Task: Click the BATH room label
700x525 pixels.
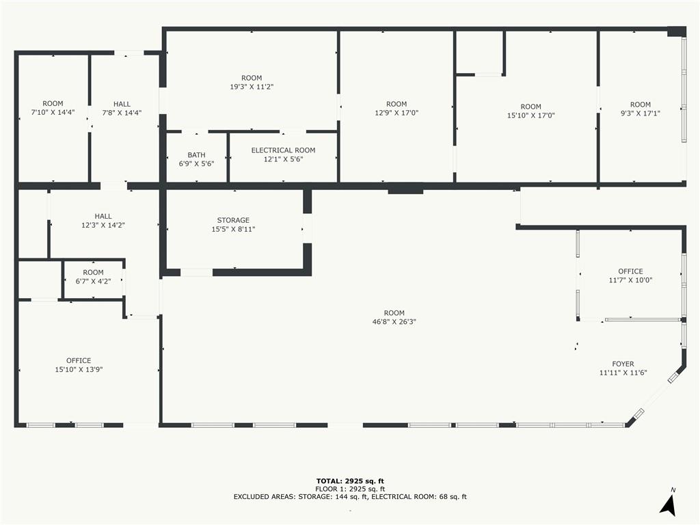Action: [x=196, y=155]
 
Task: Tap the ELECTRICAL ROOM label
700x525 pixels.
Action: [x=284, y=150]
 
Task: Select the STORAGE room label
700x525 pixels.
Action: [x=233, y=220]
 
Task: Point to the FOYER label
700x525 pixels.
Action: [x=623, y=364]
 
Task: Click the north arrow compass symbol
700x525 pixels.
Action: [x=669, y=503]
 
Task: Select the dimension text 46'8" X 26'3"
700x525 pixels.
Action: [x=394, y=321]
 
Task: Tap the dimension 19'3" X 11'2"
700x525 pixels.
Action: [x=252, y=87]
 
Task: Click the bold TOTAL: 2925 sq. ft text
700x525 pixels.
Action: [x=350, y=481]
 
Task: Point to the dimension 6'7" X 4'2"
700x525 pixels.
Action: [x=93, y=281]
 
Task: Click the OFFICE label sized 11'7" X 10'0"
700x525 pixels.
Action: [x=630, y=271]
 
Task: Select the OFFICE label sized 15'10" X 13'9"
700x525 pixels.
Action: [x=79, y=361]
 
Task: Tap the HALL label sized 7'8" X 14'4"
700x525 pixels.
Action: [x=122, y=104]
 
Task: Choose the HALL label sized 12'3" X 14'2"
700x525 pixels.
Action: [x=103, y=216]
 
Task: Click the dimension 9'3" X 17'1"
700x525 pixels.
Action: [x=640, y=113]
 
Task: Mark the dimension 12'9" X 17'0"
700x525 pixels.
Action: [x=396, y=113]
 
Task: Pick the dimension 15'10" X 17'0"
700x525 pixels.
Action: [x=530, y=115]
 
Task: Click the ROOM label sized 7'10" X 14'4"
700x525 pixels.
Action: [x=53, y=104]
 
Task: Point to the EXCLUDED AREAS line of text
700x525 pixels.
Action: [x=350, y=496]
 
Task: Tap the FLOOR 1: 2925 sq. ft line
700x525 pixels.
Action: [x=350, y=489]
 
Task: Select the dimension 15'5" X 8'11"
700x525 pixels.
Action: [x=233, y=229]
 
